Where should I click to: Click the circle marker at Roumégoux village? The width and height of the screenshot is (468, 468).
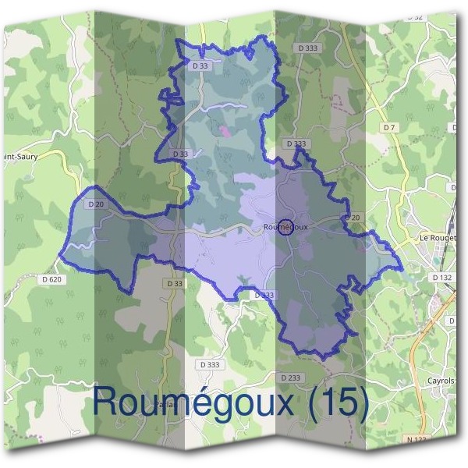(x=285, y=227)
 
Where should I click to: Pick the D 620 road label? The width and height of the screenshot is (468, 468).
(x=52, y=278)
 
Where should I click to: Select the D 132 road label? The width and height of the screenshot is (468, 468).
(x=442, y=277)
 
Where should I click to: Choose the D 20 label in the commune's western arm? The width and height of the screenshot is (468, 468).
(x=97, y=204)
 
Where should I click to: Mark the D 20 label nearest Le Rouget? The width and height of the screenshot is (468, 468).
(x=352, y=218)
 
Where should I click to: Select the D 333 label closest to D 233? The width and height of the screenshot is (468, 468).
(x=210, y=364)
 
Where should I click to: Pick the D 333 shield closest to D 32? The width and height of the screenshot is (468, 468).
(x=307, y=48)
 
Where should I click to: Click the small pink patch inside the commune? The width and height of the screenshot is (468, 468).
(x=227, y=132)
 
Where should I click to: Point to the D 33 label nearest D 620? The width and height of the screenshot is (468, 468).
(x=174, y=283)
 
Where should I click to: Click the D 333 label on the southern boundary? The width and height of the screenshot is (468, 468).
(x=264, y=295)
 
